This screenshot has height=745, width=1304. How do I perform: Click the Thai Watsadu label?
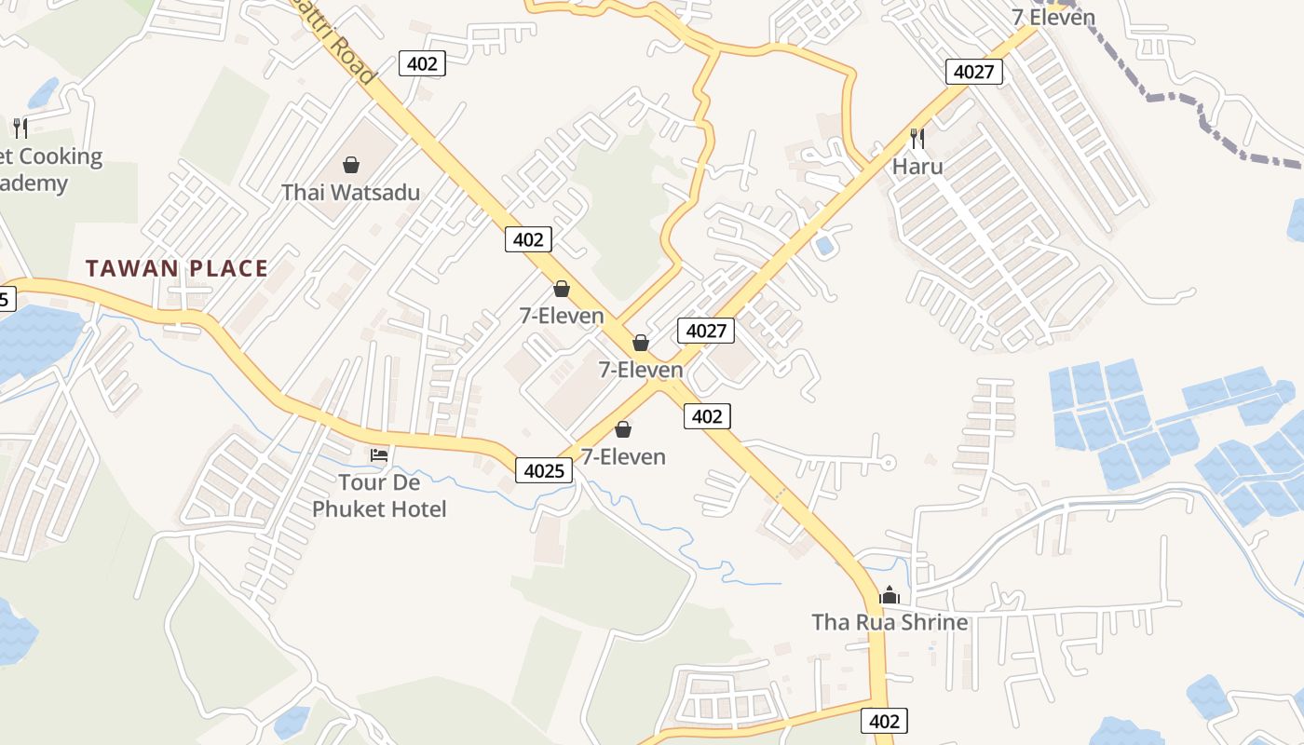click(351, 193)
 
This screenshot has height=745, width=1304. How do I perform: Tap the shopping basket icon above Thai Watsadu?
click(351, 166)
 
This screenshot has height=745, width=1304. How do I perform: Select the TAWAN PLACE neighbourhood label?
click(177, 269)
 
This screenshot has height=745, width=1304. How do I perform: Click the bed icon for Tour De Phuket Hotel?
click(379, 455)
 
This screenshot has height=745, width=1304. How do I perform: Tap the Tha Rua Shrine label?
click(890, 622)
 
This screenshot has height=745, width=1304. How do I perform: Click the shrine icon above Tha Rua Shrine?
click(890, 595)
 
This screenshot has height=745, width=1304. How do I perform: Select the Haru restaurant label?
click(917, 167)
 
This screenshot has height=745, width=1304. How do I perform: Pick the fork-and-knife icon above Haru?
click(917, 139)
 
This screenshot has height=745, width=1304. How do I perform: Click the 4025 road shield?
click(544, 470)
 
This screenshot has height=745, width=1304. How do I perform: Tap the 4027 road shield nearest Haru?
click(974, 71)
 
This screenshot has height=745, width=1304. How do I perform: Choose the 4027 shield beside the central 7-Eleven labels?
click(708, 330)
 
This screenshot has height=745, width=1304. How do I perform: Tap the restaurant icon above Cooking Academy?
click(20, 128)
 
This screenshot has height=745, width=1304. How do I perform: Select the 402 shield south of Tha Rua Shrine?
click(884, 720)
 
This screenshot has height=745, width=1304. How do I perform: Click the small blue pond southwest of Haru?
click(824, 246)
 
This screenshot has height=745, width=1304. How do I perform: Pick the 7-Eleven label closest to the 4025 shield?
click(623, 456)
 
